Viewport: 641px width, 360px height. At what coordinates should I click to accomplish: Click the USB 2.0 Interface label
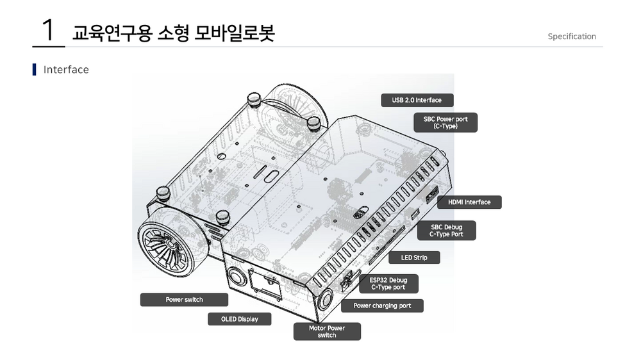tap(417, 100)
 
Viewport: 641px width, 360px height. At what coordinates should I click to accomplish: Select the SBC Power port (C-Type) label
tap(445, 122)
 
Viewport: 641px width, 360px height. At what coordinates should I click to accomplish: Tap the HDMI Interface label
tap(469, 202)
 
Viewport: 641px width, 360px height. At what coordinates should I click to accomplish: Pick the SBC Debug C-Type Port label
tap(446, 231)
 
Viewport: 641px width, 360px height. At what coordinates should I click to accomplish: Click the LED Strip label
tap(414, 258)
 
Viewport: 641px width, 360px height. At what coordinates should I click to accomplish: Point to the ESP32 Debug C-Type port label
tap(388, 284)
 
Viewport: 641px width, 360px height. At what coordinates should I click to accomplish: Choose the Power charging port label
tap(382, 306)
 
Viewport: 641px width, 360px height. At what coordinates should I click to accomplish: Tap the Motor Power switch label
tap(327, 331)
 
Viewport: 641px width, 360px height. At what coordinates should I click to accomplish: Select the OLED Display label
tap(239, 319)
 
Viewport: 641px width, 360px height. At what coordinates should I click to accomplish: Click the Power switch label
tap(184, 300)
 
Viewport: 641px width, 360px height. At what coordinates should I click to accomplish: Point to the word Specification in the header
tap(571, 37)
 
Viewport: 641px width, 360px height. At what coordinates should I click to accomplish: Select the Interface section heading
tap(66, 69)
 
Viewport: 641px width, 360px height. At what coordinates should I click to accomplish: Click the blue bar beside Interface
tap(34, 69)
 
